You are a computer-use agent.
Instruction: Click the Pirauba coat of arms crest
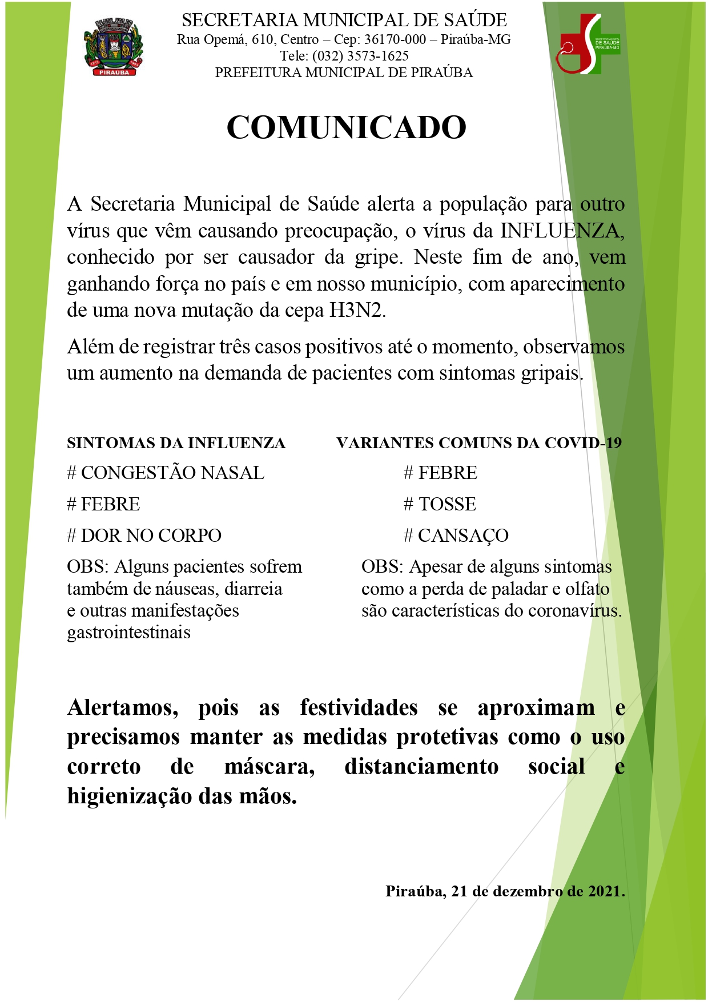(113, 46)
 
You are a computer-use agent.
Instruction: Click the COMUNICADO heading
(347, 127)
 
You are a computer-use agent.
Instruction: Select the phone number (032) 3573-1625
(360, 56)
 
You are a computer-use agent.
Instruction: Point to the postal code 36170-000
(395, 39)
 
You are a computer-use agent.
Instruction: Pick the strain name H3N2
(357, 310)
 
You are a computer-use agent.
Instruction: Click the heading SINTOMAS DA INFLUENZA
(176, 443)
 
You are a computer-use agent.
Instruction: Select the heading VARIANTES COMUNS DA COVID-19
(478, 443)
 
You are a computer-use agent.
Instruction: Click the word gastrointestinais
(128, 633)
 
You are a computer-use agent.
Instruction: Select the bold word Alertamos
(122, 708)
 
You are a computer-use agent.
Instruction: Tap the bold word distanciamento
(421, 767)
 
